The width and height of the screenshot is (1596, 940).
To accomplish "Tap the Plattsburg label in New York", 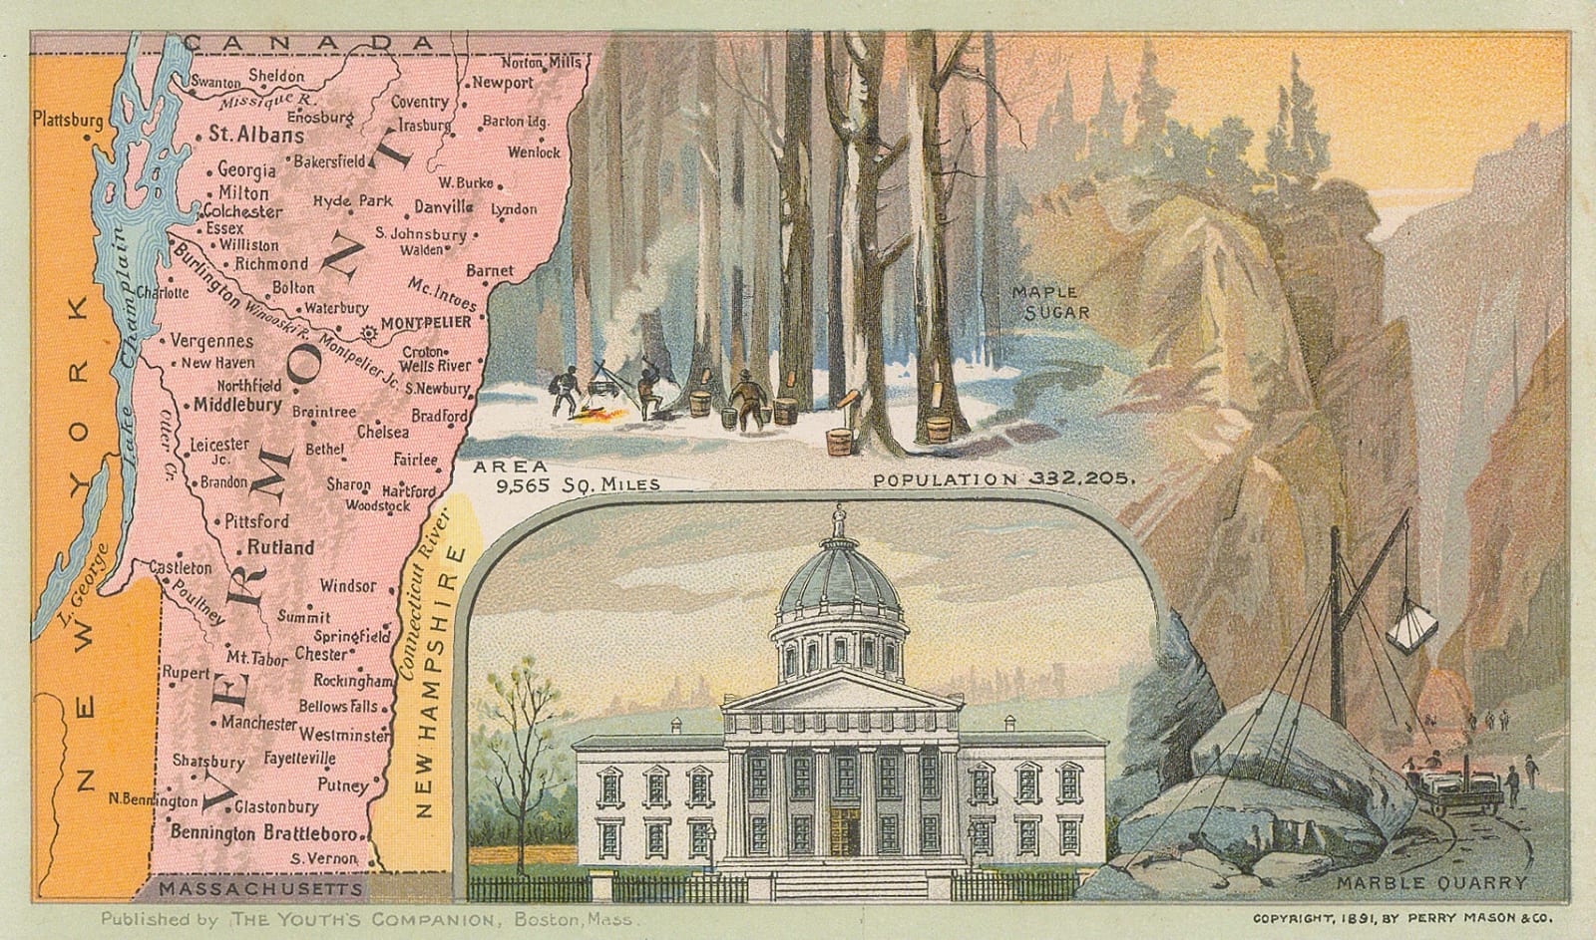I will click(x=68, y=120).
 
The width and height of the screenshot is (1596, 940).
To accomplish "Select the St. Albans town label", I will click(x=256, y=136).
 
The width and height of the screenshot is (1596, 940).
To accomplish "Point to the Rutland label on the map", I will click(x=280, y=547).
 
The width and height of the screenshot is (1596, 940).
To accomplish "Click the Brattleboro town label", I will click(x=310, y=832).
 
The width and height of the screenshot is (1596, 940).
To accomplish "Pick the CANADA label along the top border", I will click(x=310, y=42).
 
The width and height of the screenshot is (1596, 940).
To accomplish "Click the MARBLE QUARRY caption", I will click(x=1431, y=882).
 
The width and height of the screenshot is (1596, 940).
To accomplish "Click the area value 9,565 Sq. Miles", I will click(x=579, y=484).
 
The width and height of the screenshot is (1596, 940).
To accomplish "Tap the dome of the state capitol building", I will click(x=839, y=578).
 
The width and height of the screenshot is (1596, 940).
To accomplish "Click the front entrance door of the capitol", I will click(x=844, y=831).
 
